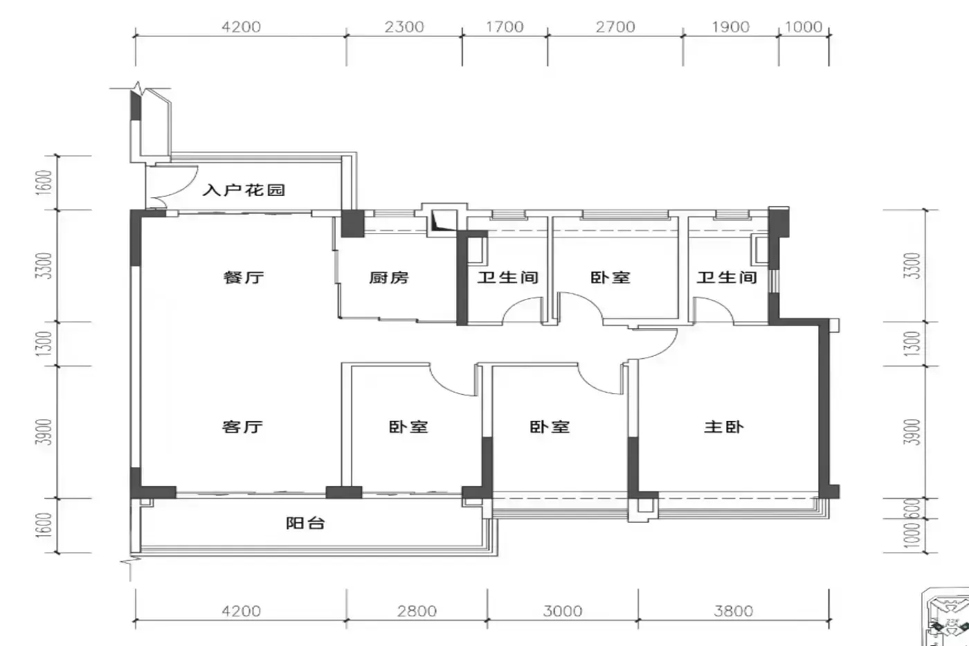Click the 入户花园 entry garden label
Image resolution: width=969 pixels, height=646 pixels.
coord(244,190)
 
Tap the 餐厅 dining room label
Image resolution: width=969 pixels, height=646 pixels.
coord(244,277)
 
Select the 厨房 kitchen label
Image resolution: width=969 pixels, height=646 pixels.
coord(389,277)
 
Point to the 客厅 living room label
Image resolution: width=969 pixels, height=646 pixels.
coord(242,427)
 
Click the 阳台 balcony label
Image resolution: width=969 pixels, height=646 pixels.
coord(305,523)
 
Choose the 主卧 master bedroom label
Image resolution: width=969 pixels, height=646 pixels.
coord(724,427)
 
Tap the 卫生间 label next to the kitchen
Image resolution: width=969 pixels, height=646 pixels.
coord(508,277)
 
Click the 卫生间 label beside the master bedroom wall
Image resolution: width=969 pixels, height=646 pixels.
coord(727,277)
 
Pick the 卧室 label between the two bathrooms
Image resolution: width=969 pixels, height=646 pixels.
coord(610,277)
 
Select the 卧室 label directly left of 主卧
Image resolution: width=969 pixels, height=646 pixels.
coord(550,427)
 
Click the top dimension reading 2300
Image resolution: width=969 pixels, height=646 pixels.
coord(404,27)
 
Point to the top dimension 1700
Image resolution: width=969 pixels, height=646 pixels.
coord(505,27)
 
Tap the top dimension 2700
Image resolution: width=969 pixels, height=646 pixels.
coord(615,27)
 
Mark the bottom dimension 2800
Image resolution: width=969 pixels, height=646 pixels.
coord(417,611)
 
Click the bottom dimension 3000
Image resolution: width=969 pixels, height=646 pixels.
coord(563,611)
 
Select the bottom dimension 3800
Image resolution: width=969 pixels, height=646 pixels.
coord(734,611)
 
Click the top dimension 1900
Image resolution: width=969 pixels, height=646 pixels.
coord(731,27)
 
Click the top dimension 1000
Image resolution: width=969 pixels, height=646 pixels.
coord(804,27)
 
